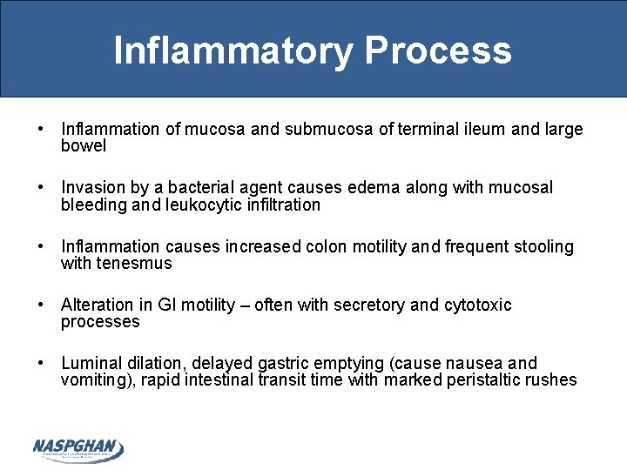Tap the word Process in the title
click(438, 50)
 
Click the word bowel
click(84, 146)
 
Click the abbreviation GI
click(167, 305)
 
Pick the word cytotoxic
click(478, 305)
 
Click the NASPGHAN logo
click(78, 449)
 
